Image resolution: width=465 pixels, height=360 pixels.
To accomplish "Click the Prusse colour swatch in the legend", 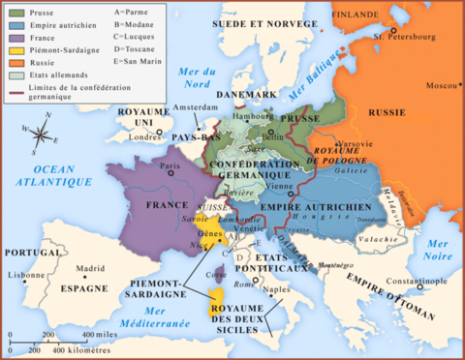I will tap(17, 13).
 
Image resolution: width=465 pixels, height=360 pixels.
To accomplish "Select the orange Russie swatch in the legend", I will tap(17, 61).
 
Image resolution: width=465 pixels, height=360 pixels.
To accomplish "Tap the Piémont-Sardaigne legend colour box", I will tap(17, 48).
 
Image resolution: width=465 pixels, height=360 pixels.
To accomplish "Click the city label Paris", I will tap(170, 165).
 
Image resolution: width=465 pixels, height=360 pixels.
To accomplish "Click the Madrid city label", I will tap(90, 269).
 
